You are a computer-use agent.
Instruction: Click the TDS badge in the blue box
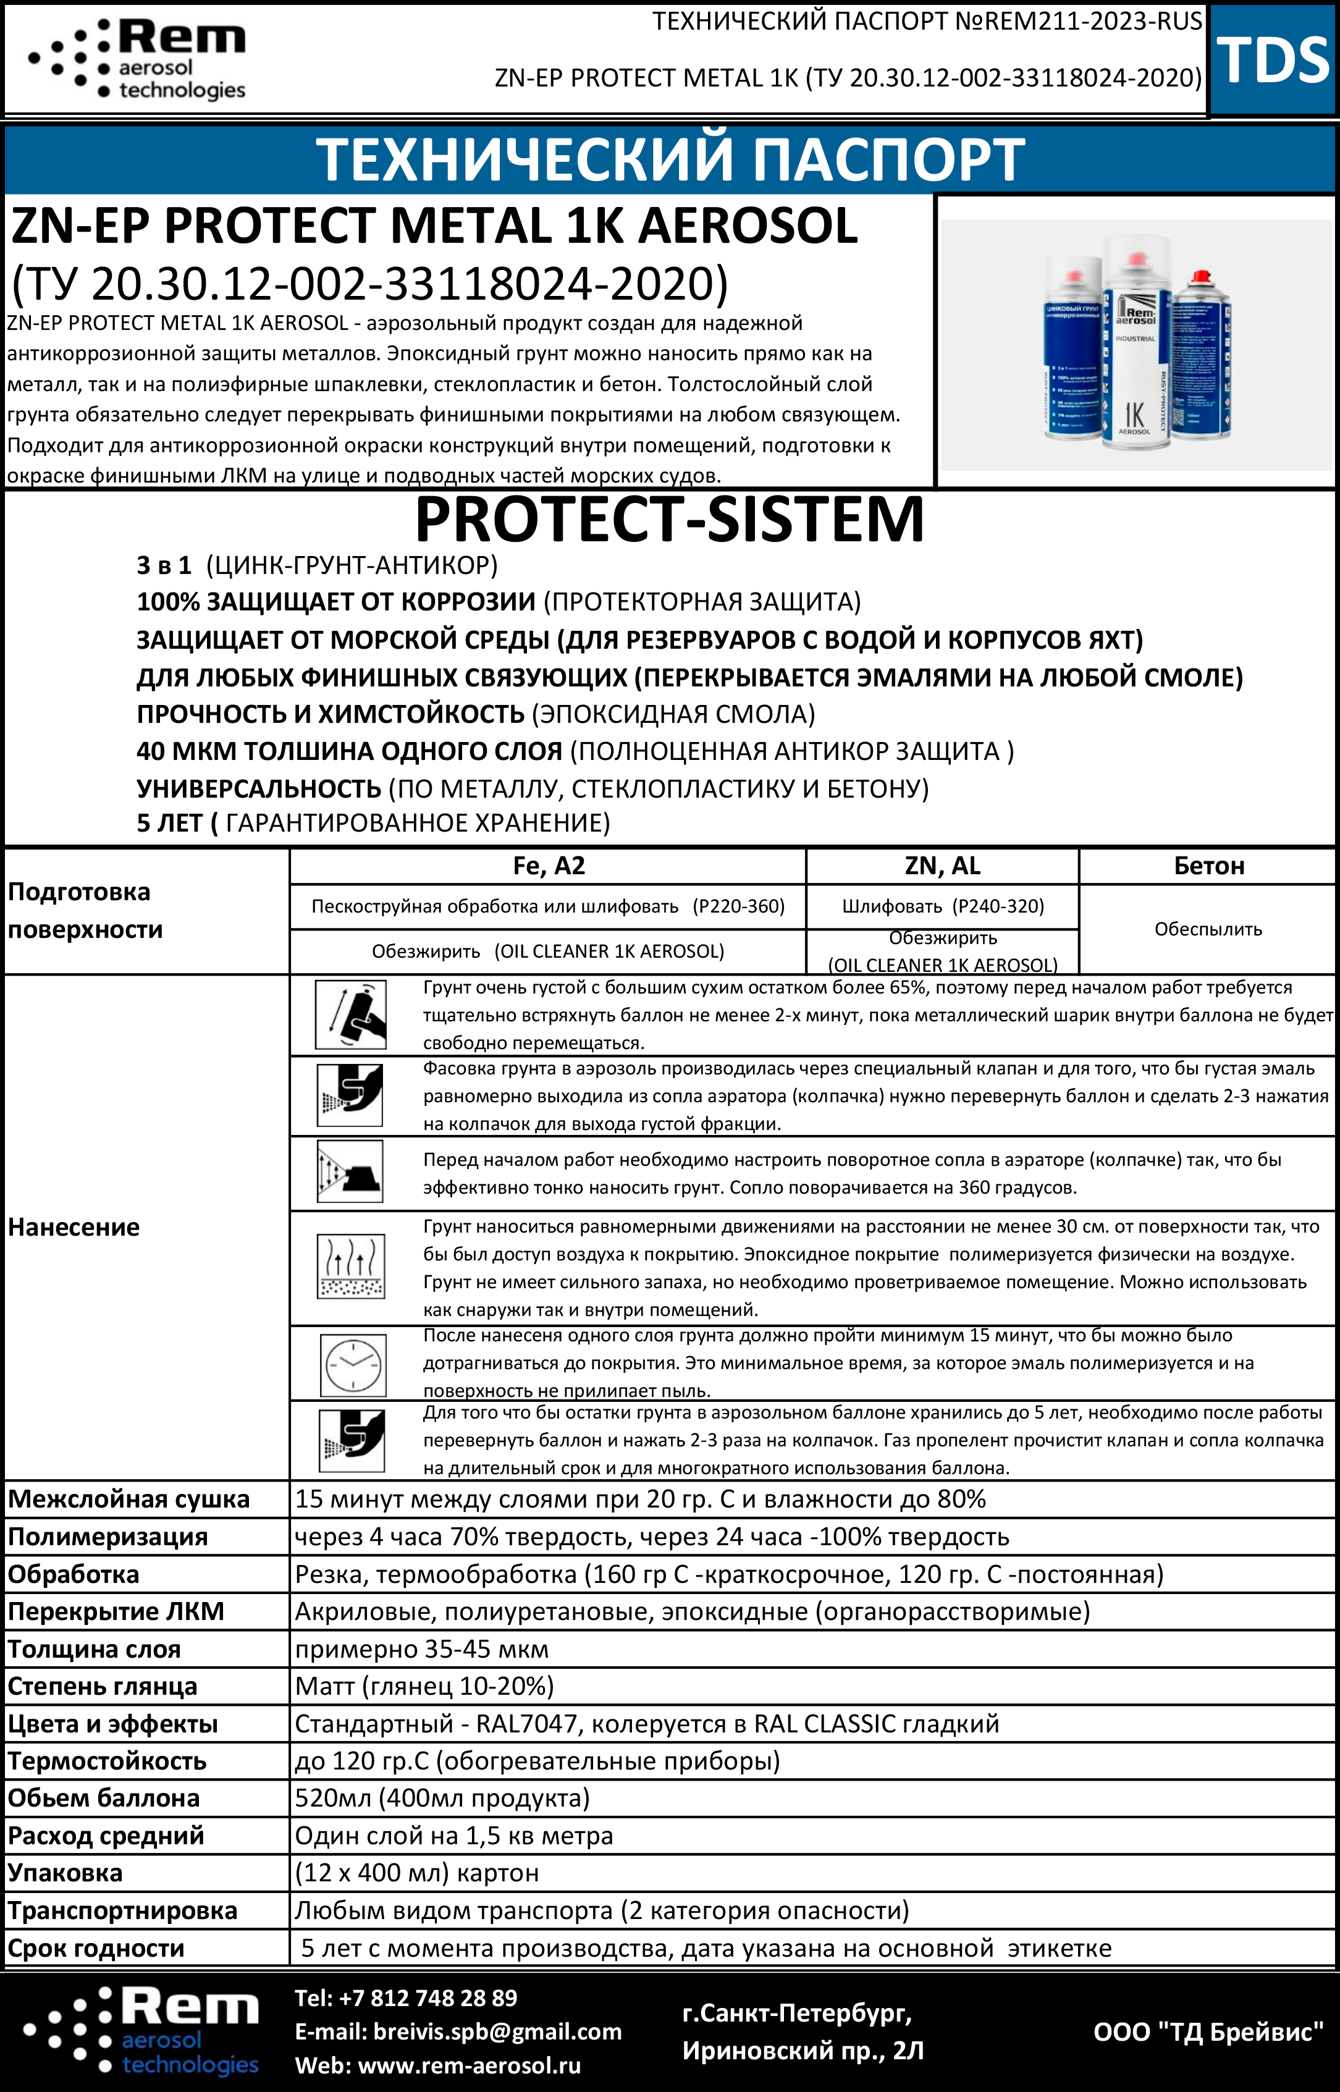tap(1273, 60)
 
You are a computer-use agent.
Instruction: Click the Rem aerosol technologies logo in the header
tap(138, 59)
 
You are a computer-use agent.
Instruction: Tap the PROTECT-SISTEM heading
tap(669, 520)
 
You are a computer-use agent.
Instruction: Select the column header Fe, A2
tap(548, 866)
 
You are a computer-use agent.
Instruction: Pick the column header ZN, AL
tap(942, 866)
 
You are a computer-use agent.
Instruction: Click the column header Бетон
tap(1208, 866)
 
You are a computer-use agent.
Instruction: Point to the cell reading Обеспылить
tap(1208, 929)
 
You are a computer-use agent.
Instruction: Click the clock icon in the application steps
tap(352, 1365)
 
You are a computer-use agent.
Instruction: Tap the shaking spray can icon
tap(352, 1014)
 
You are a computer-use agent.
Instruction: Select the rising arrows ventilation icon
tap(352, 1266)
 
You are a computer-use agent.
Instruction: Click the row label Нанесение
tap(74, 1227)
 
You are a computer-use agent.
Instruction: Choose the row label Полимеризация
tap(108, 1537)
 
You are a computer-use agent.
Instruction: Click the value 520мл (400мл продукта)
tap(442, 1798)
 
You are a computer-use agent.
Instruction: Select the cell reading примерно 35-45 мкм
tap(422, 1649)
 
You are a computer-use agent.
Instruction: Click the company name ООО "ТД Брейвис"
tap(1208, 2032)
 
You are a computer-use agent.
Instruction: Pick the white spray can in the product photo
tap(1135, 344)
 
